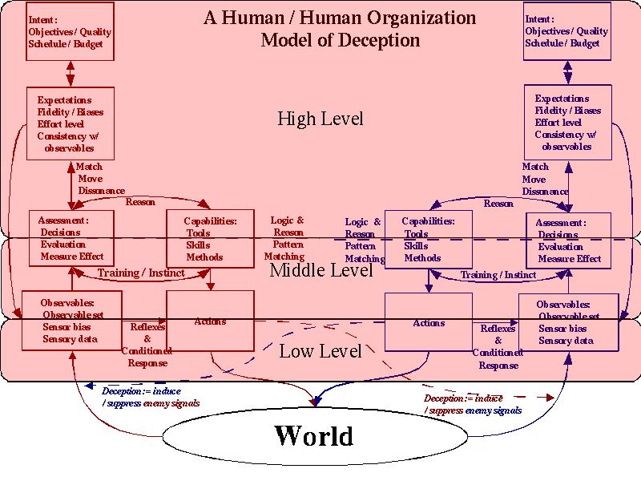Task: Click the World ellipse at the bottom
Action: point(313,436)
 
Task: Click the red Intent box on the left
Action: point(70,31)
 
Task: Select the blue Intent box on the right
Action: point(566,31)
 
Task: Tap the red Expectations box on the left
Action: point(71,123)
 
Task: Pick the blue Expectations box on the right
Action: point(568,123)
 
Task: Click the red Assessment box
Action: point(71,238)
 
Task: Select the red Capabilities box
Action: point(210,238)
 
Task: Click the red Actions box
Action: point(210,321)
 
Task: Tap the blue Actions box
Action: point(429,323)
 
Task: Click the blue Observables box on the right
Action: point(568,323)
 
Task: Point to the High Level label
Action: point(320,119)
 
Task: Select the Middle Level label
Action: point(321,271)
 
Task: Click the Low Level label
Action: point(320,351)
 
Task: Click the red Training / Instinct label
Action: point(141,273)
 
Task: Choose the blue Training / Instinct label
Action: point(498,275)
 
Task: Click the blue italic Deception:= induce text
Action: point(140,391)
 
